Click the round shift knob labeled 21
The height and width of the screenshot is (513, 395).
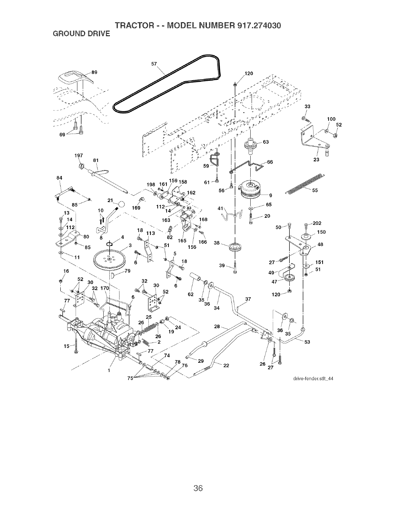click(121, 205)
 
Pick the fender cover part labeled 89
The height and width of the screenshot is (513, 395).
click(74, 78)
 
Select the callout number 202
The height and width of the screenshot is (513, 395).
click(317, 223)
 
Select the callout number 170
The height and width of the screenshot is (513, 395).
click(105, 288)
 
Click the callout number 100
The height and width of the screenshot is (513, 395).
click(331, 119)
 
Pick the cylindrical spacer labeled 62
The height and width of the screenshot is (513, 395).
click(196, 277)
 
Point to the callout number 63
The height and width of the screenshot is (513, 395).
click(266, 142)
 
